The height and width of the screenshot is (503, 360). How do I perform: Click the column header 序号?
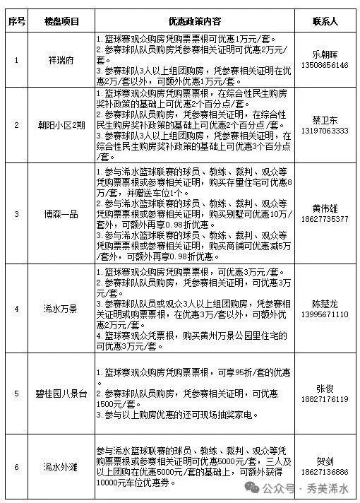16,21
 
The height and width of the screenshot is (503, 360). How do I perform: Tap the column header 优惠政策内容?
193,21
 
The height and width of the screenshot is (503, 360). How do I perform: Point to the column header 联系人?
325,21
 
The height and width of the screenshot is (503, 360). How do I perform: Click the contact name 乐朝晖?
325,54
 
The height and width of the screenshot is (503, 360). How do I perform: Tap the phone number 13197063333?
325,131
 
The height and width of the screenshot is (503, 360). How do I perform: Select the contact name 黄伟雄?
325,208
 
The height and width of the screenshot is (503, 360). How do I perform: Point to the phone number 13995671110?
325,314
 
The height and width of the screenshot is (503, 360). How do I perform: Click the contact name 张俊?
325,388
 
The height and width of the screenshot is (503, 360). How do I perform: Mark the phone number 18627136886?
325,471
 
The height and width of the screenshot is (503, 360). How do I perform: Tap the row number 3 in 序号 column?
16,213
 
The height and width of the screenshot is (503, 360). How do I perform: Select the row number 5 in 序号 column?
16,393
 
